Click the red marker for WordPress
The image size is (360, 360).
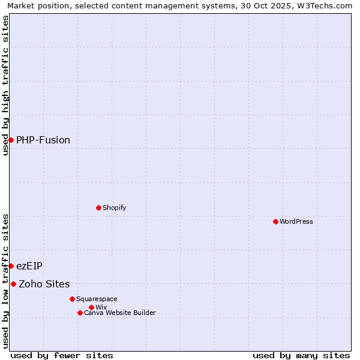coord(275,221)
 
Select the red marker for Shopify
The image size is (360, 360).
coord(98,208)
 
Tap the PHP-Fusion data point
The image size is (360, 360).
coord(11,140)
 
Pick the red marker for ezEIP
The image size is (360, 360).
coord(11,266)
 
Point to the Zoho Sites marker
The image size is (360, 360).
coord(13,284)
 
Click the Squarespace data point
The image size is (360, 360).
coord(72,299)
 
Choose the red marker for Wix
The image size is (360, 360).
coord(91,307)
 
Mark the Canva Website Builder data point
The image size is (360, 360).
coord(80,313)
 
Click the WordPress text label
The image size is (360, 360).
coord(296,221)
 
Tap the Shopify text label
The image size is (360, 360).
coord(114,208)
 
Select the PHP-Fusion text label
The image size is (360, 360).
coord(43,140)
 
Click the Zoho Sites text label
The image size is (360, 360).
coord(44,284)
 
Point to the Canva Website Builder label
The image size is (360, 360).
coord(120,313)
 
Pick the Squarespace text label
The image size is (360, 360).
coord(97,299)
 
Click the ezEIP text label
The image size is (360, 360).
coord(29,266)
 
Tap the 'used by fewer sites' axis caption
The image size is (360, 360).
coord(62,355)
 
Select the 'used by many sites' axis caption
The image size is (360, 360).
coord(301,355)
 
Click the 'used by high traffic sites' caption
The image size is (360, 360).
coord(5,85)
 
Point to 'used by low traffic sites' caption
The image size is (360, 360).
coord(5,280)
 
